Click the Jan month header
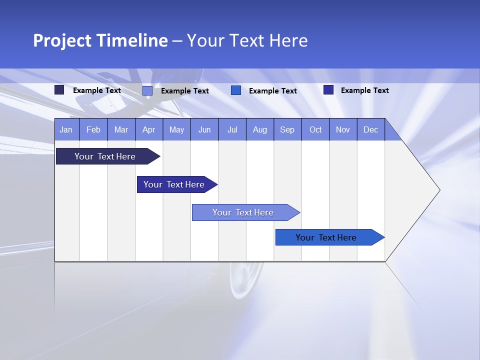point(66,130)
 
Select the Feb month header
point(93,130)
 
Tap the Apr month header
point(149,130)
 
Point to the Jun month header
point(204,130)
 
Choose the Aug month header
point(260,130)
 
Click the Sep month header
point(287,130)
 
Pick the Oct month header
point(315,130)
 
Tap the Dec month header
point(371,130)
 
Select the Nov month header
point(343,130)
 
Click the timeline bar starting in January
point(105,156)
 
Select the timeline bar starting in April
point(174,184)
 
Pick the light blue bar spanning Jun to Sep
point(243,212)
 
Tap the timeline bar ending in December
point(326,237)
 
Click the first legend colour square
point(59,90)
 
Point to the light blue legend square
point(147,90)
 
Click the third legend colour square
point(236,90)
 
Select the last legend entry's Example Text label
point(364,90)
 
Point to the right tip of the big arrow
point(438,190)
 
